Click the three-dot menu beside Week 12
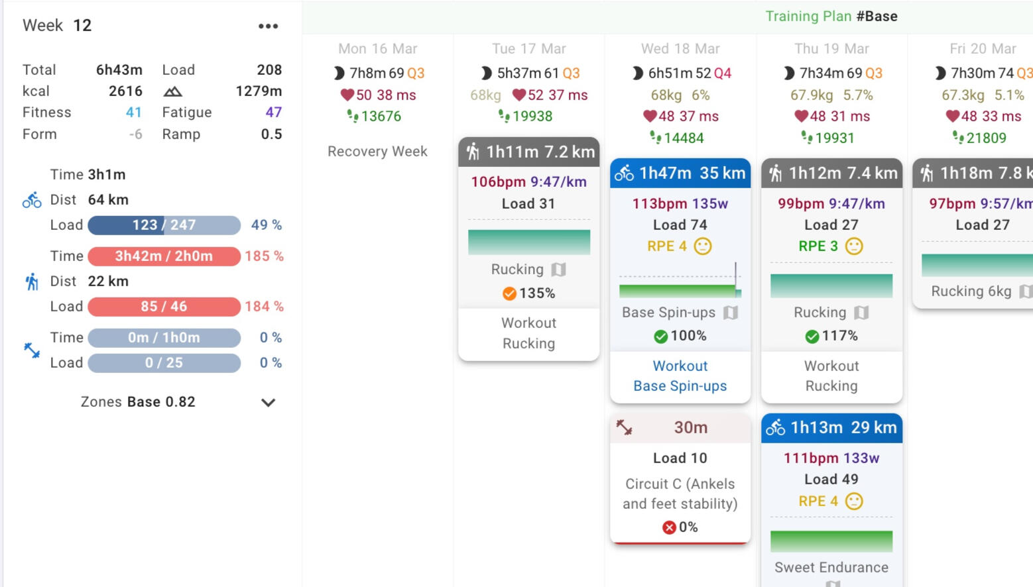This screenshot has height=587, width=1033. pyautogui.click(x=268, y=27)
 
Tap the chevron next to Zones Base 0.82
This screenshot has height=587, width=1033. pyautogui.click(x=268, y=402)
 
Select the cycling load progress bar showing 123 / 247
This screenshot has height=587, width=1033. pyautogui.click(x=164, y=225)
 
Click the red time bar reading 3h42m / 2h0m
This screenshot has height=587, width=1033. pyautogui.click(x=164, y=256)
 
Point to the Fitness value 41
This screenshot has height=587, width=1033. pyautogui.click(x=134, y=113)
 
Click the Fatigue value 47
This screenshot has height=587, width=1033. pyautogui.click(x=274, y=113)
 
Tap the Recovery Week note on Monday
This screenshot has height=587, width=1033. pyautogui.click(x=377, y=152)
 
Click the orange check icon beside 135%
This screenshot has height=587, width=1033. pyautogui.click(x=509, y=293)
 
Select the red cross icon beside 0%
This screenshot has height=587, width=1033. pyautogui.click(x=669, y=527)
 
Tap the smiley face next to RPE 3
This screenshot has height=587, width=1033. pyautogui.click(x=854, y=246)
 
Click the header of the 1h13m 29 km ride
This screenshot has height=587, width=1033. pyautogui.click(x=831, y=428)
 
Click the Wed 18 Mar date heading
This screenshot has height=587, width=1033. pyautogui.click(x=680, y=49)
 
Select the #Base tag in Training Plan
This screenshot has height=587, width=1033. pyautogui.click(x=877, y=17)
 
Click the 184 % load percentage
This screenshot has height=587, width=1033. pyautogui.click(x=264, y=307)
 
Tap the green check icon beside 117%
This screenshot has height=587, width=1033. pyautogui.click(x=812, y=337)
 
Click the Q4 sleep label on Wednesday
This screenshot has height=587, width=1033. pyautogui.click(x=723, y=74)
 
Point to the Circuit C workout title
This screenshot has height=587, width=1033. pyautogui.click(x=680, y=494)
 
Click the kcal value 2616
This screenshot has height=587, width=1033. pyautogui.click(x=125, y=91)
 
